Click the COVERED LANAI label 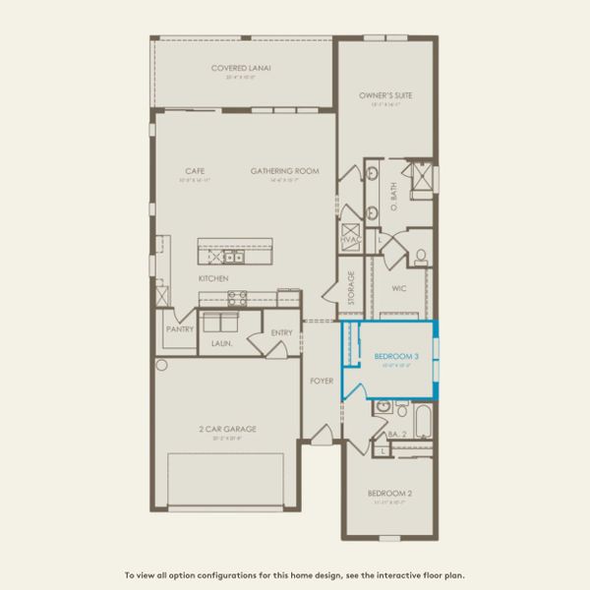(x=241, y=68)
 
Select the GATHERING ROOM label (x=285, y=171)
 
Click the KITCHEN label (x=213, y=278)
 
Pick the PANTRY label (x=179, y=329)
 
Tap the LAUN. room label (x=221, y=343)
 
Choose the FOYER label (x=322, y=381)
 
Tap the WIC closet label (x=399, y=289)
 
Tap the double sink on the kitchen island (x=233, y=258)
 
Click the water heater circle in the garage (x=161, y=364)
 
